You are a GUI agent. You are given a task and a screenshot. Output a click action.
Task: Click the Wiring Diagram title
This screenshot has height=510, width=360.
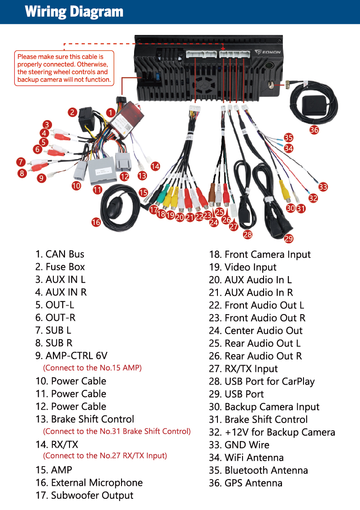pyautogui.click(x=74, y=12)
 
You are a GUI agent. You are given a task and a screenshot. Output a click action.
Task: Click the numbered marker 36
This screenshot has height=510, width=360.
pyautogui.click(x=314, y=130)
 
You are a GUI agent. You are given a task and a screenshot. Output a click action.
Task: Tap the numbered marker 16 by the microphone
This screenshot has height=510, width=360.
pyautogui.click(x=96, y=221)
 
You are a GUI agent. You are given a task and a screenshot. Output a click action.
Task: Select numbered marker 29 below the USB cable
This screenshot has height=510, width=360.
pyautogui.click(x=288, y=238)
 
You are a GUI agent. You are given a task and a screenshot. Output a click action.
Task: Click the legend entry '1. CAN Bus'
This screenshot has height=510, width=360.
pyautogui.click(x=60, y=254)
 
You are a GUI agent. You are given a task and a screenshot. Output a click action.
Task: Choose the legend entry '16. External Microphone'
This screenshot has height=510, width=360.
pyautogui.click(x=89, y=483)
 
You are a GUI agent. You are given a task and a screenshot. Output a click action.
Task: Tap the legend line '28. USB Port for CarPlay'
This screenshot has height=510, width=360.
pyautogui.click(x=262, y=381)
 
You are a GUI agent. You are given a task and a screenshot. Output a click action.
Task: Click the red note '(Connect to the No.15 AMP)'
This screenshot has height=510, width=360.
pyautogui.click(x=92, y=368)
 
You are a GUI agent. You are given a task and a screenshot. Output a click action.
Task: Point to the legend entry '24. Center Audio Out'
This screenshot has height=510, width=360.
pyautogui.click(x=256, y=331)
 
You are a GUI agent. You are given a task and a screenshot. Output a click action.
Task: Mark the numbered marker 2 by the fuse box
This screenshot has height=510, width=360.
pyautogui.click(x=72, y=112)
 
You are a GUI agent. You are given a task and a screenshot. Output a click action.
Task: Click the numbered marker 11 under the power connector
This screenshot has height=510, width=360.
pyautogui.click(x=97, y=190)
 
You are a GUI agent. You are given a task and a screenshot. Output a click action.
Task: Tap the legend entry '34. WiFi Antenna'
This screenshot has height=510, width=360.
pyautogui.click(x=246, y=458)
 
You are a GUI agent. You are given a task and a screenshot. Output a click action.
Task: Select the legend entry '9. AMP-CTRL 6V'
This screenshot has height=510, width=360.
pyautogui.click(x=72, y=356)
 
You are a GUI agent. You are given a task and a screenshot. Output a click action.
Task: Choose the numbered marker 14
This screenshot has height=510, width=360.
pyautogui.click(x=155, y=166)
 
